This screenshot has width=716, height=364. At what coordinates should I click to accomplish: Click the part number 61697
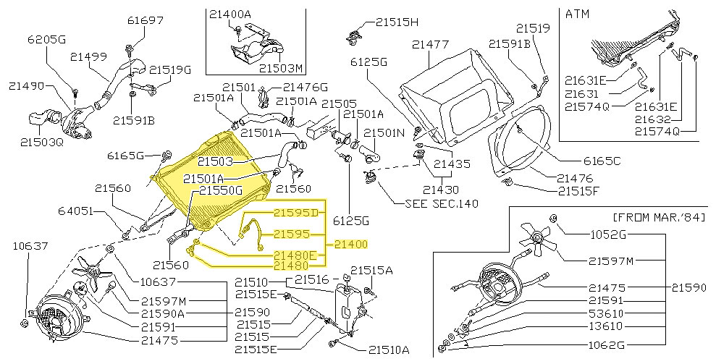tap(147, 20)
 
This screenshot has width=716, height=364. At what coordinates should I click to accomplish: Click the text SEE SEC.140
tap(442, 203)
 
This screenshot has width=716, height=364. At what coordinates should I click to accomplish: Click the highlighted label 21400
tap(351, 245)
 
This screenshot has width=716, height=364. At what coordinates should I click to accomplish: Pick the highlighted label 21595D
tap(295, 212)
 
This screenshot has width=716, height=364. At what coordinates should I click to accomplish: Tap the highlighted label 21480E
tap(295, 255)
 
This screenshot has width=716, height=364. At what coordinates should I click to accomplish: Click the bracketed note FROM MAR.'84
tap(658, 217)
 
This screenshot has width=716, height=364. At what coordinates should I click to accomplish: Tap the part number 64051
tap(77, 211)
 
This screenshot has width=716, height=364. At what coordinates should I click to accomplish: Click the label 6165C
tap(603, 161)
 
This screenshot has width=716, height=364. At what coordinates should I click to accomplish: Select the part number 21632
tap(654, 119)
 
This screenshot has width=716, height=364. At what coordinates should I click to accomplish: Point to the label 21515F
tap(581, 191)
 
